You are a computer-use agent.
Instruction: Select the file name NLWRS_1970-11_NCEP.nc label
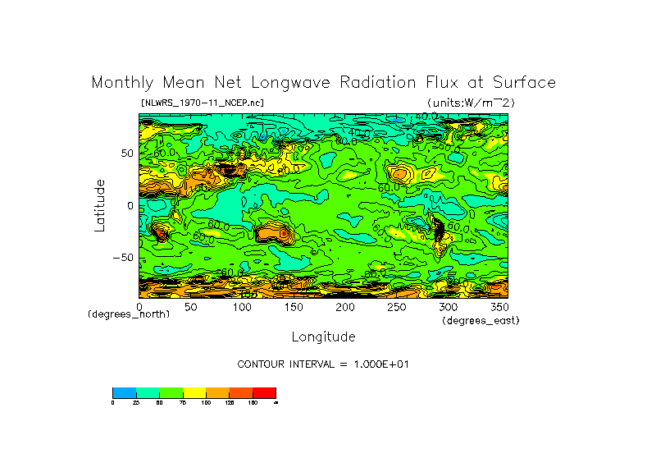(203, 103)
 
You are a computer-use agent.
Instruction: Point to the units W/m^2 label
(470, 103)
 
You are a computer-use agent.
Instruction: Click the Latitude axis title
(99, 205)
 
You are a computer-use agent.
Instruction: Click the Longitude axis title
(323, 337)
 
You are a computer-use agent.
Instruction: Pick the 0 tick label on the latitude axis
(129, 205)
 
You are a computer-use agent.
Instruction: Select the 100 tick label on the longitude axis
(243, 306)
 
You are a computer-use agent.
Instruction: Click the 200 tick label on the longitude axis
(345, 306)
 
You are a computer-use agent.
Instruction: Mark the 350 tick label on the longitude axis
(499, 306)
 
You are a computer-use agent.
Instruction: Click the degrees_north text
(129, 314)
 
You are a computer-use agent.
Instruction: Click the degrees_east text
(481, 320)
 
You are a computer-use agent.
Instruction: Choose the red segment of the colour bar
(264, 392)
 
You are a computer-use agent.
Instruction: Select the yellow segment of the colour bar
(194, 392)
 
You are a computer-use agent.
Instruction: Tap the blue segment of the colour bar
(124, 392)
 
